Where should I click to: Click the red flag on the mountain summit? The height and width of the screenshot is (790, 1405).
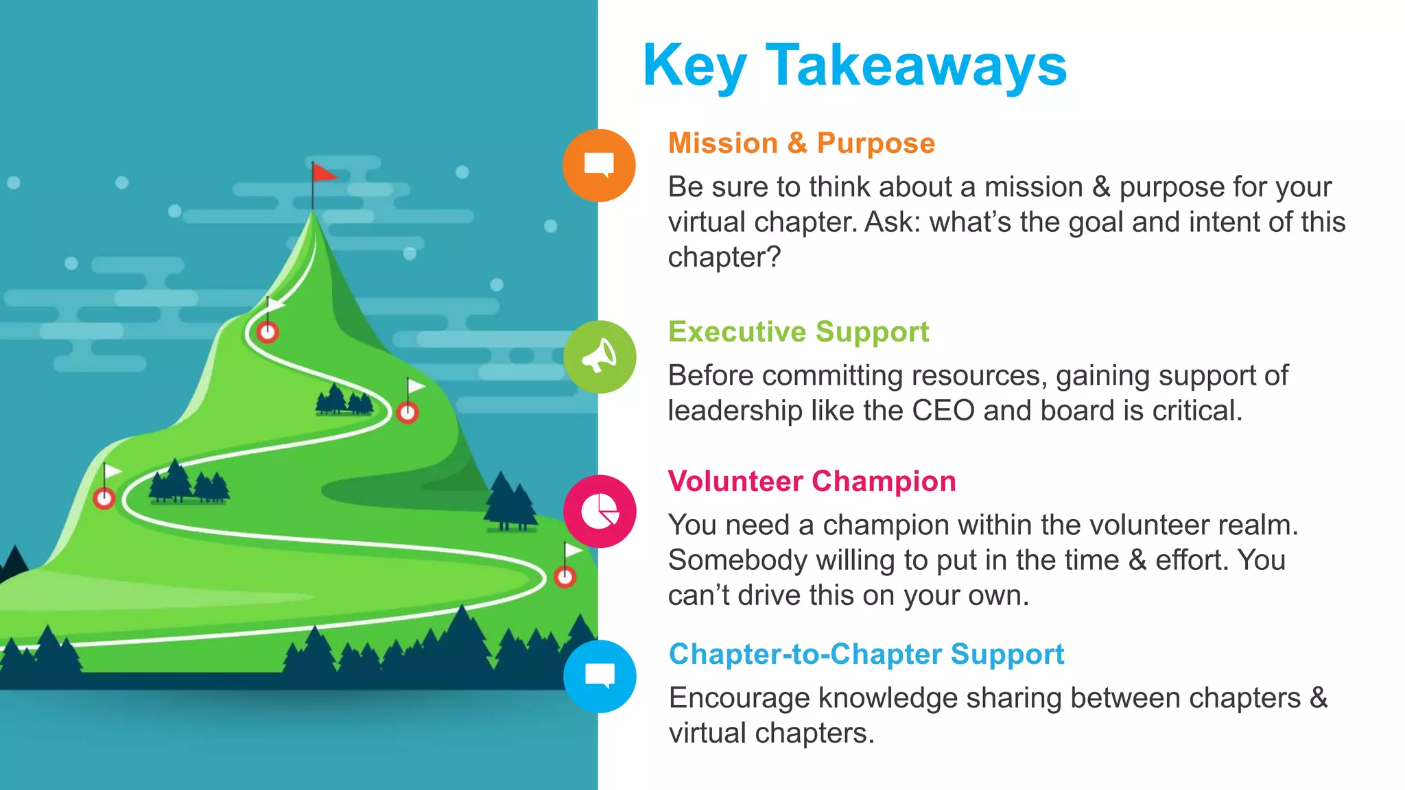pyautogui.click(x=323, y=173)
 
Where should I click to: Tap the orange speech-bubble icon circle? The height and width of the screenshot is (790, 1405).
pyautogui.click(x=599, y=165)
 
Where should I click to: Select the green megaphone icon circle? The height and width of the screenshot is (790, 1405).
pyautogui.click(x=600, y=357)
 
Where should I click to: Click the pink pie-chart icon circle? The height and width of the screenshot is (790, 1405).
pyautogui.click(x=600, y=511)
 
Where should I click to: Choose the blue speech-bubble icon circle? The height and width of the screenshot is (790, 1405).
pyautogui.click(x=600, y=676)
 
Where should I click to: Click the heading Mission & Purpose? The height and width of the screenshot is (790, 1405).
pyautogui.click(x=801, y=143)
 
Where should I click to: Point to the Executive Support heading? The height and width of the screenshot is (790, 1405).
pyautogui.click(x=799, y=332)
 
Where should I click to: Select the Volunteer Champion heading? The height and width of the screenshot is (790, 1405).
pyautogui.click(x=812, y=481)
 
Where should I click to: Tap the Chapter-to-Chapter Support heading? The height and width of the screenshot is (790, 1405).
pyautogui.click(x=866, y=654)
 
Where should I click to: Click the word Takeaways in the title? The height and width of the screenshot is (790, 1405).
pyautogui.click(x=916, y=66)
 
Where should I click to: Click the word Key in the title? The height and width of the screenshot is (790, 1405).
pyautogui.click(x=694, y=66)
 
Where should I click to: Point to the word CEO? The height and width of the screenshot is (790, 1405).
pyautogui.click(x=943, y=411)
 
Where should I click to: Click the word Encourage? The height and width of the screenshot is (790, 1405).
pyautogui.click(x=740, y=698)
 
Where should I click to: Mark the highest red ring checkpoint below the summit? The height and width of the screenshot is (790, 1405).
pyautogui.click(x=268, y=333)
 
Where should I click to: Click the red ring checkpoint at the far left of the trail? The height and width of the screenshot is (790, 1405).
pyautogui.click(x=104, y=498)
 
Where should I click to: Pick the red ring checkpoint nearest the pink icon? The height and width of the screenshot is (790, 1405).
pyautogui.click(x=565, y=577)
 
